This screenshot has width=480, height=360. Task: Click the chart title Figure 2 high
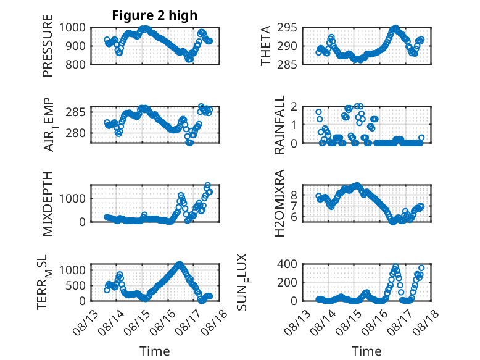pyautogui.click(x=155, y=15)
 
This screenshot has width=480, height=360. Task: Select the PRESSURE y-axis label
pyautogui.click(x=48, y=46)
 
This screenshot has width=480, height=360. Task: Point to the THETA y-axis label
pyautogui.click(x=266, y=46)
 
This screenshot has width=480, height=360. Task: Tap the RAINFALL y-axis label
pyautogui.click(x=279, y=124)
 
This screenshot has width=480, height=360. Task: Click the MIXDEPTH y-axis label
pyautogui.click(x=48, y=203)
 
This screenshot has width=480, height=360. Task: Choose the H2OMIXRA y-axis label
pyautogui.click(x=279, y=203)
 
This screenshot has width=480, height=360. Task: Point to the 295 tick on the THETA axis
pyautogui.click(x=287, y=28)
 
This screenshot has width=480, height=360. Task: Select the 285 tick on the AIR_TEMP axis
pyautogui.click(x=75, y=112)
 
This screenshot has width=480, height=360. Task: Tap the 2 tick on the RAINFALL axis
pyautogui.click(x=294, y=106)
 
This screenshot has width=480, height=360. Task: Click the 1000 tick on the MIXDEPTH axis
pyautogui.click(x=72, y=199)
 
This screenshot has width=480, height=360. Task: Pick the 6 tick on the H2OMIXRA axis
pyautogui.click(x=294, y=217)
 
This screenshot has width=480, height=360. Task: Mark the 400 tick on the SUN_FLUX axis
pyautogui.click(x=287, y=264)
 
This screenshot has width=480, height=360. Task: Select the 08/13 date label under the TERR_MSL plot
pyautogui.click(x=85, y=322)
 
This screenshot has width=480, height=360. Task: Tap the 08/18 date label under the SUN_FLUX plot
pyautogui.click(x=426, y=322)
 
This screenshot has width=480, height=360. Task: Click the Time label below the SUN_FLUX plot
pyautogui.click(x=366, y=351)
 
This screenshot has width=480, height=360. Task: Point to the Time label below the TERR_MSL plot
pyautogui.click(x=155, y=351)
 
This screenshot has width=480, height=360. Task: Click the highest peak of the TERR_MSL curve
pyautogui.click(x=180, y=264)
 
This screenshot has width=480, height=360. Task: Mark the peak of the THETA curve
pyautogui.click(x=395, y=28)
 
